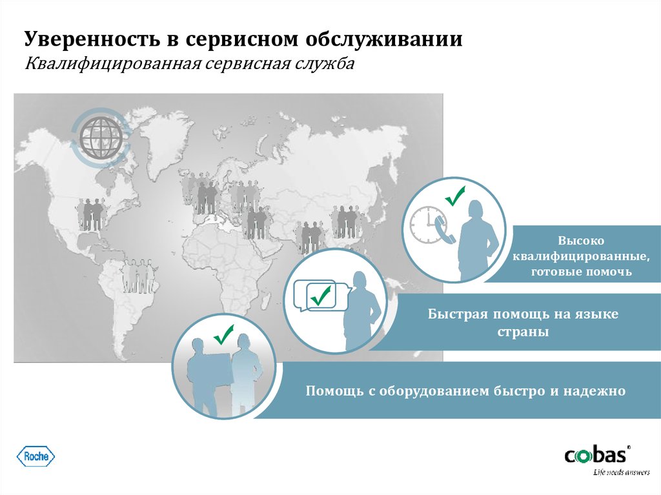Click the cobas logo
596,456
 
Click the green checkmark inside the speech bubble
320,296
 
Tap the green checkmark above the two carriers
223,335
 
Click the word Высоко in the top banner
581,241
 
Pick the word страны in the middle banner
523,332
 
